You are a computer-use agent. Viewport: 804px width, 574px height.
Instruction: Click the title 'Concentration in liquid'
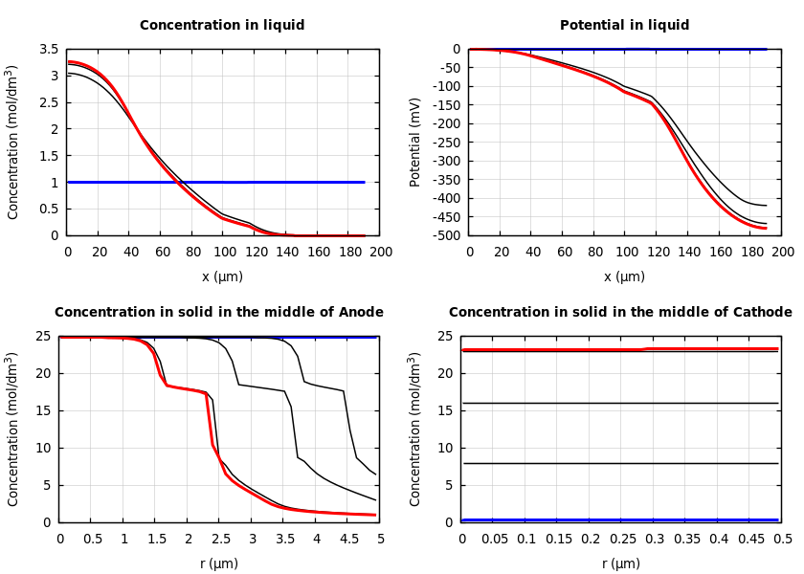(222, 26)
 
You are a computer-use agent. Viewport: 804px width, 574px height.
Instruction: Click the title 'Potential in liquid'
(624, 26)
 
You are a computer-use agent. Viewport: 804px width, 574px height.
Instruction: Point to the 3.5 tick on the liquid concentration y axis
(49, 49)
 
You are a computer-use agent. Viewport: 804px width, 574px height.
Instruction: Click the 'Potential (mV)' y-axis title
(415, 142)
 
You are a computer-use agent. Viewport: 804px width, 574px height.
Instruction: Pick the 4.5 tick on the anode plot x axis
(348, 540)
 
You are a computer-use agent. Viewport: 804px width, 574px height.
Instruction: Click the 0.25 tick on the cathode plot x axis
(621, 540)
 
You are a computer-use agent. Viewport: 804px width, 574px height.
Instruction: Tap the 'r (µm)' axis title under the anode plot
(219, 563)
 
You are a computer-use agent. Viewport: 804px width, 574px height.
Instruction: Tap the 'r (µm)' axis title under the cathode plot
(621, 563)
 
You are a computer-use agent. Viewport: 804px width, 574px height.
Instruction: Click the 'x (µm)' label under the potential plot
(624, 276)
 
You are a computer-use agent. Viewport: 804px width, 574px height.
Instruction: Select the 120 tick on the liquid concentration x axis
(255, 253)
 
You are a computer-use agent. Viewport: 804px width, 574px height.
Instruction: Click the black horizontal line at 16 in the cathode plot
(621, 403)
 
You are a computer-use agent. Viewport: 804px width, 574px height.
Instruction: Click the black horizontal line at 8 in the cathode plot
(621, 463)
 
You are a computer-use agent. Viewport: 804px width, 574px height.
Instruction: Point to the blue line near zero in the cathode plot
(621, 519)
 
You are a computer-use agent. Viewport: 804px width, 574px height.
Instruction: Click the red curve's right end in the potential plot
(765, 228)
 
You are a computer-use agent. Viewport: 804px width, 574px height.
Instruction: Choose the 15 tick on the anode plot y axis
(48, 410)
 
